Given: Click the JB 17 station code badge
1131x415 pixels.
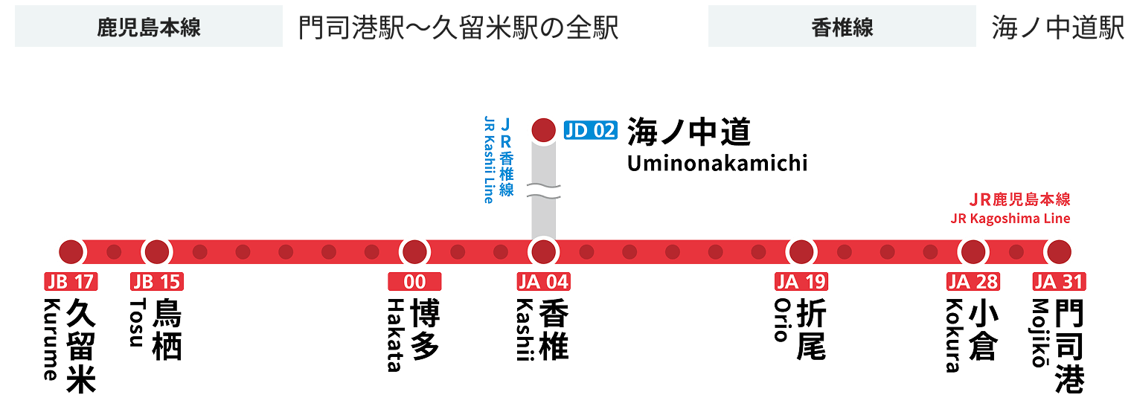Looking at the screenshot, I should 71,282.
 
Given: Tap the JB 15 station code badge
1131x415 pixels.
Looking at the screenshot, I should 157,282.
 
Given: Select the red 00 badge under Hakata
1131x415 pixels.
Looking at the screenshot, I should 415,282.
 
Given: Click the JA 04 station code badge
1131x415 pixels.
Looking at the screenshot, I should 543,282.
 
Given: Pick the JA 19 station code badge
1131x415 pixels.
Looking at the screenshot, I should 801,282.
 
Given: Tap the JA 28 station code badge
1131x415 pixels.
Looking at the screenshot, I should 973,282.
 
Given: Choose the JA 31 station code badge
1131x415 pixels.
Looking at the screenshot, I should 1058,282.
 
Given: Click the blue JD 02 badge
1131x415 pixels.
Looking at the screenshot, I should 591,130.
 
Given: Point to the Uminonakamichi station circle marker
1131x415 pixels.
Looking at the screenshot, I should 543,129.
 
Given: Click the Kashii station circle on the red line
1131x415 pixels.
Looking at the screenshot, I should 543,252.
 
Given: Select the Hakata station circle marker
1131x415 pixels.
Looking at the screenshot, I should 415,252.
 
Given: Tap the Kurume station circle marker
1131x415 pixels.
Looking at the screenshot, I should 71,252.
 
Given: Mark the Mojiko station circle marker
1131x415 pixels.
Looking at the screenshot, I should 1058,252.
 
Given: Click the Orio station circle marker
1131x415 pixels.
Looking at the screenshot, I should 801,252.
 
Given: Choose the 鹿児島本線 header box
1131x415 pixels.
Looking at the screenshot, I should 149,27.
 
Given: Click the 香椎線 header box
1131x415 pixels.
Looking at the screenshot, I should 842,27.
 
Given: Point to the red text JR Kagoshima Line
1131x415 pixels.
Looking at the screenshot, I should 1010,219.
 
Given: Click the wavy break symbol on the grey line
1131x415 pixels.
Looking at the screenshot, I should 543,190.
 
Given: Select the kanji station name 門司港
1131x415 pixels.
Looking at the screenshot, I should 1070,346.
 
